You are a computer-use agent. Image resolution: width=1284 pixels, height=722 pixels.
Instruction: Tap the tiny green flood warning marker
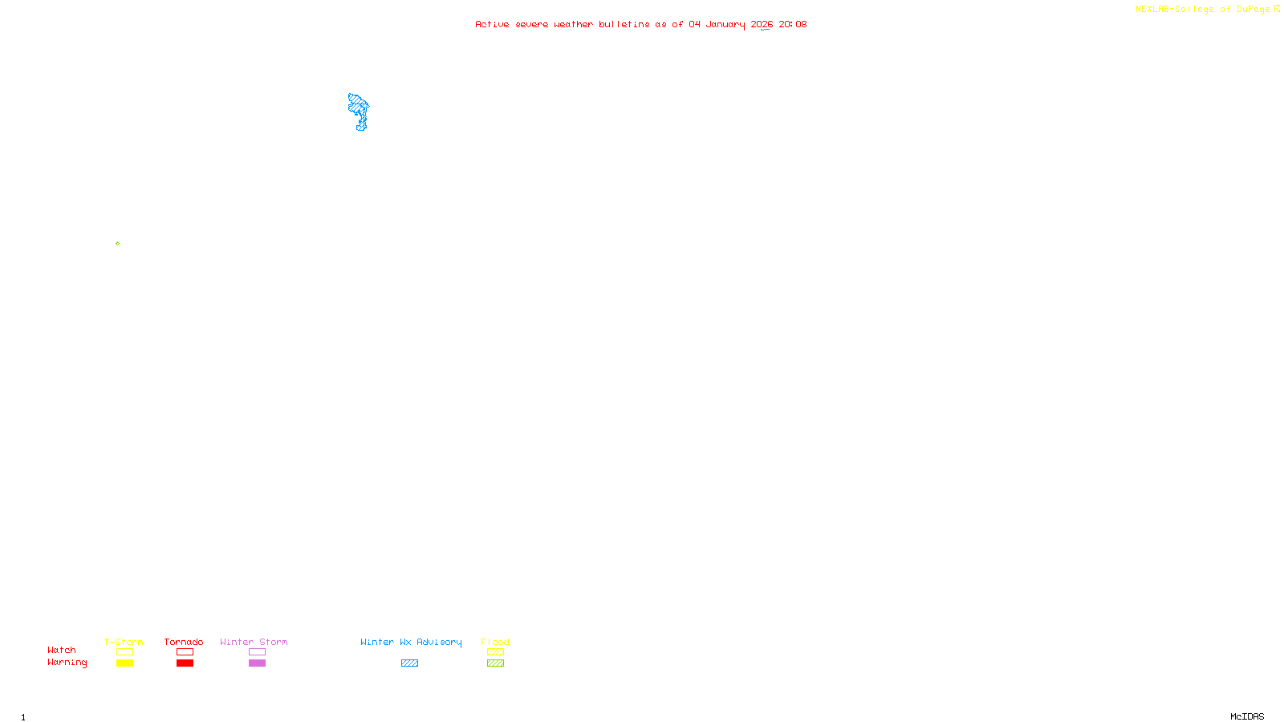pyautogui.click(x=117, y=243)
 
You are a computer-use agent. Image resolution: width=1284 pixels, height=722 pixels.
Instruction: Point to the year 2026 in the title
pyautogui.click(x=762, y=25)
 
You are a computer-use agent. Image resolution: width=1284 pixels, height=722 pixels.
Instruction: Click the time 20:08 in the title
pyautogui.click(x=793, y=25)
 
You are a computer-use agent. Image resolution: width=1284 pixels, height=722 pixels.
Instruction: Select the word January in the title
pyautogui.click(x=725, y=25)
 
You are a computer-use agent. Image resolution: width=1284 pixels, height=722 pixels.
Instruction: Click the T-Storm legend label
pyautogui.click(x=124, y=642)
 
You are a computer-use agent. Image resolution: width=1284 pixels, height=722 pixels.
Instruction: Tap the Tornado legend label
pyautogui.click(x=184, y=642)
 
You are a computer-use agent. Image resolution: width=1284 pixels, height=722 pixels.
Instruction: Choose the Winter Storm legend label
pyautogui.click(x=254, y=642)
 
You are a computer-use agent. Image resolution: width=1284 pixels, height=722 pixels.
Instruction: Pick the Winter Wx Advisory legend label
pyautogui.click(x=411, y=642)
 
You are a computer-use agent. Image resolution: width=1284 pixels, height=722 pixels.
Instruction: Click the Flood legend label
pyautogui.click(x=495, y=642)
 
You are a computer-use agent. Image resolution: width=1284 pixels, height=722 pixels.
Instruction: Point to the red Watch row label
pyautogui.click(x=62, y=651)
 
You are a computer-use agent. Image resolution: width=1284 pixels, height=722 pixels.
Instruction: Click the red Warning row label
pyautogui.click(x=67, y=663)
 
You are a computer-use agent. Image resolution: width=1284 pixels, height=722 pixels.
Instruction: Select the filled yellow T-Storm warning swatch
pyautogui.click(x=124, y=663)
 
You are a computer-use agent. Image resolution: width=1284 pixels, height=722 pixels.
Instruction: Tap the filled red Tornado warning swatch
pyautogui.click(x=185, y=663)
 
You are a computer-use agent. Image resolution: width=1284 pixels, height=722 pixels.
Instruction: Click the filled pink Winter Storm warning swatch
pyautogui.click(x=257, y=663)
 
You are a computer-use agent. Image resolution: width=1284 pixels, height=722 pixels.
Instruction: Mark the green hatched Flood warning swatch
pyautogui.click(x=495, y=663)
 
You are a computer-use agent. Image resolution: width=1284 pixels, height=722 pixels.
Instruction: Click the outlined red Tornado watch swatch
pyautogui.click(x=185, y=652)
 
